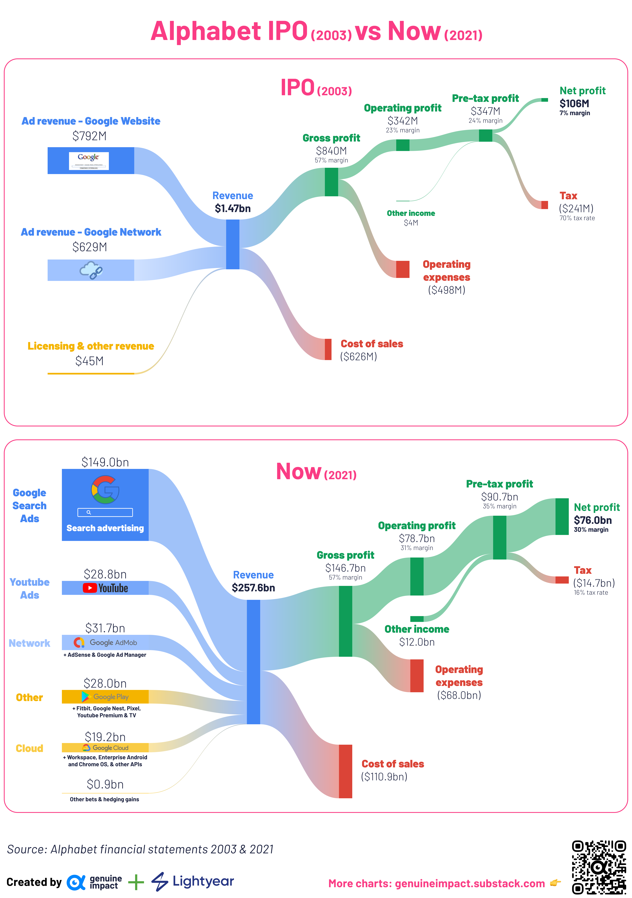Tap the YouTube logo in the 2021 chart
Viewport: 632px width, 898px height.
coord(105,588)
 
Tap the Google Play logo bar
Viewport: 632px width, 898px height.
coord(105,697)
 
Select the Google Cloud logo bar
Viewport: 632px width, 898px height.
coord(105,747)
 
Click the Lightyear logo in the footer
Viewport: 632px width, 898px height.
coord(193,882)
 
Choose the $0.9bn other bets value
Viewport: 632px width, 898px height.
coord(105,784)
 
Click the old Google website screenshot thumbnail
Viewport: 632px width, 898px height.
coord(89,161)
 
